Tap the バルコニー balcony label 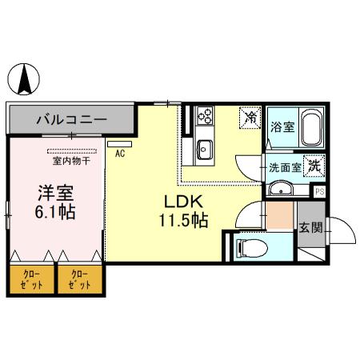[71, 121]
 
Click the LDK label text [185, 201]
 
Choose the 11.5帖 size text [186, 220]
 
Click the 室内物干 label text [72, 161]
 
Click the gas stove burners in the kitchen [204, 118]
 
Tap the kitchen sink [204, 148]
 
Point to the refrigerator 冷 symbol [250, 118]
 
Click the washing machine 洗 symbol [314, 166]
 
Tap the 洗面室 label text [284, 167]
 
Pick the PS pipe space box [319, 191]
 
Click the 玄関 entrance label [311, 227]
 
